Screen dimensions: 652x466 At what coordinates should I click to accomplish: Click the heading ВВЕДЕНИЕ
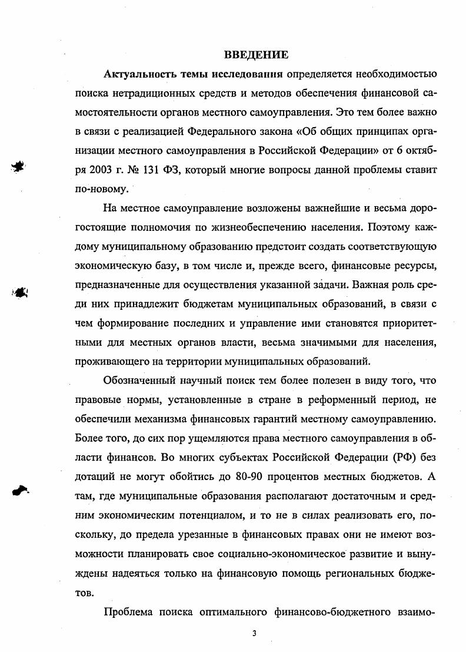coord(256,55)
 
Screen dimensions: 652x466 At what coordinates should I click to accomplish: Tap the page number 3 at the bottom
coord(254,634)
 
